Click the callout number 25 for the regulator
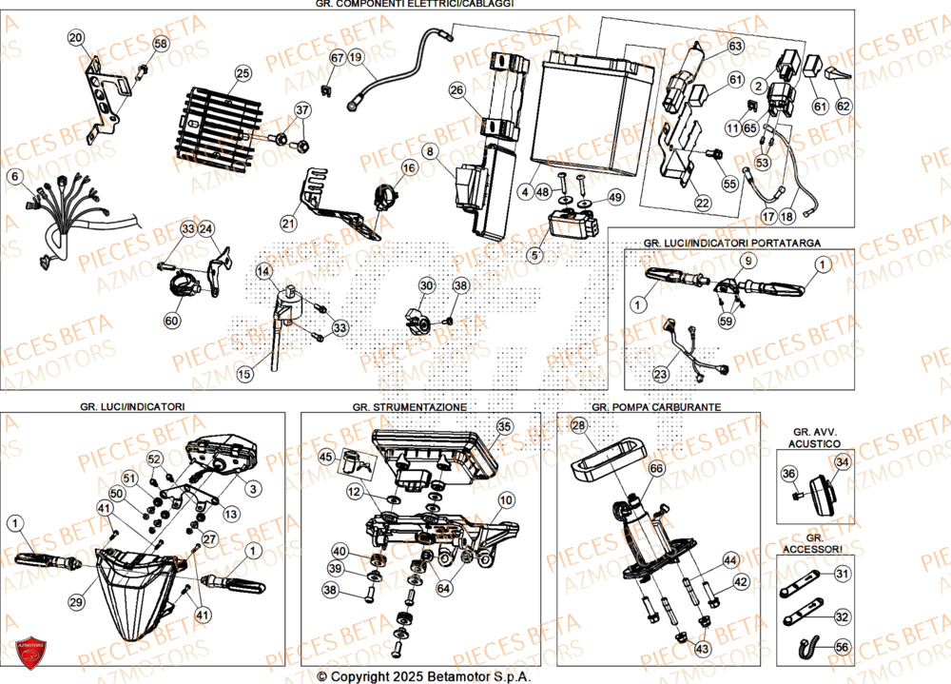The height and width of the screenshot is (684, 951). click(x=243, y=72)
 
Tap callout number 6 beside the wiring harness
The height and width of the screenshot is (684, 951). click(x=14, y=176)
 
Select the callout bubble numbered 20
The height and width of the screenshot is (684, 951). click(x=75, y=37)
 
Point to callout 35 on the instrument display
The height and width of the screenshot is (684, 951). click(x=503, y=427)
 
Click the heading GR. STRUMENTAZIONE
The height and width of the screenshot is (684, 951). click(x=409, y=406)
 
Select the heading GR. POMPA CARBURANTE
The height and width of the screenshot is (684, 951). click(x=655, y=406)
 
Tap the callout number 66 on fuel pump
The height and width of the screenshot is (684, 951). click(x=655, y=468)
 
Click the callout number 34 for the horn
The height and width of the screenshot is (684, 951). click(x=842, y=462)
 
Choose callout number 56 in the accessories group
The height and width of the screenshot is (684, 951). click(x=842, y=646)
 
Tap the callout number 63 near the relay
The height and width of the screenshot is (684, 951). click(x=734, y=46)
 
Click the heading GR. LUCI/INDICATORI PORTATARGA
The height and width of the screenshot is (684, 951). click(x=731, y=244)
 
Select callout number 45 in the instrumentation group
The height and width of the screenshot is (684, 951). click(x=327, y=458)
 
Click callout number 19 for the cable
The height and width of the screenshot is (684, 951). click(x=356, y=58)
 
